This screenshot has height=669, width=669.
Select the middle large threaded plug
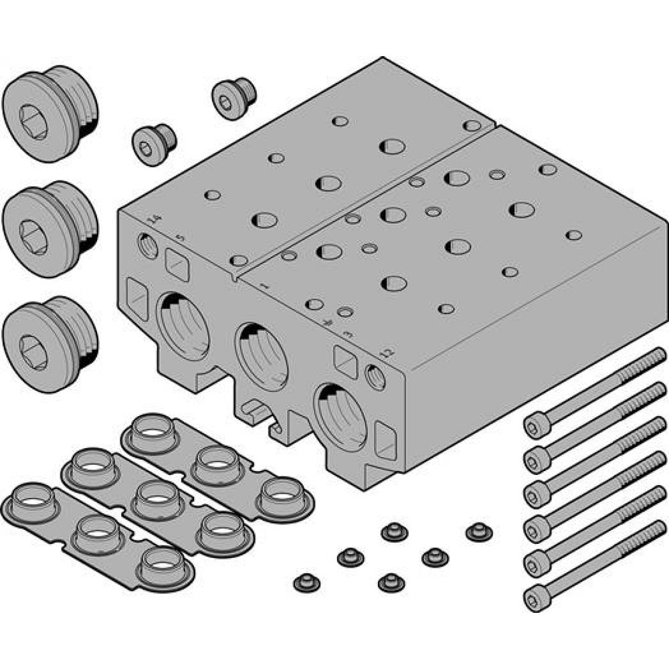pyautogui.click(x=47, y=227)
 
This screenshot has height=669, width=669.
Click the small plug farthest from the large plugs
pyautogui.click(x=234, y=98)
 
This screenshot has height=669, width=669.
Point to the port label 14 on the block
pyautogui.click(x=155, y=219)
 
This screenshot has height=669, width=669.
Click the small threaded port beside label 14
pyautogui.click(x=147, y=246)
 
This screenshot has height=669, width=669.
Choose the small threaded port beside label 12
pyautogui.click(x=376, y=377)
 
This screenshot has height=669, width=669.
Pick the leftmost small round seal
pyautogui.click(x=306, y=583)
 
